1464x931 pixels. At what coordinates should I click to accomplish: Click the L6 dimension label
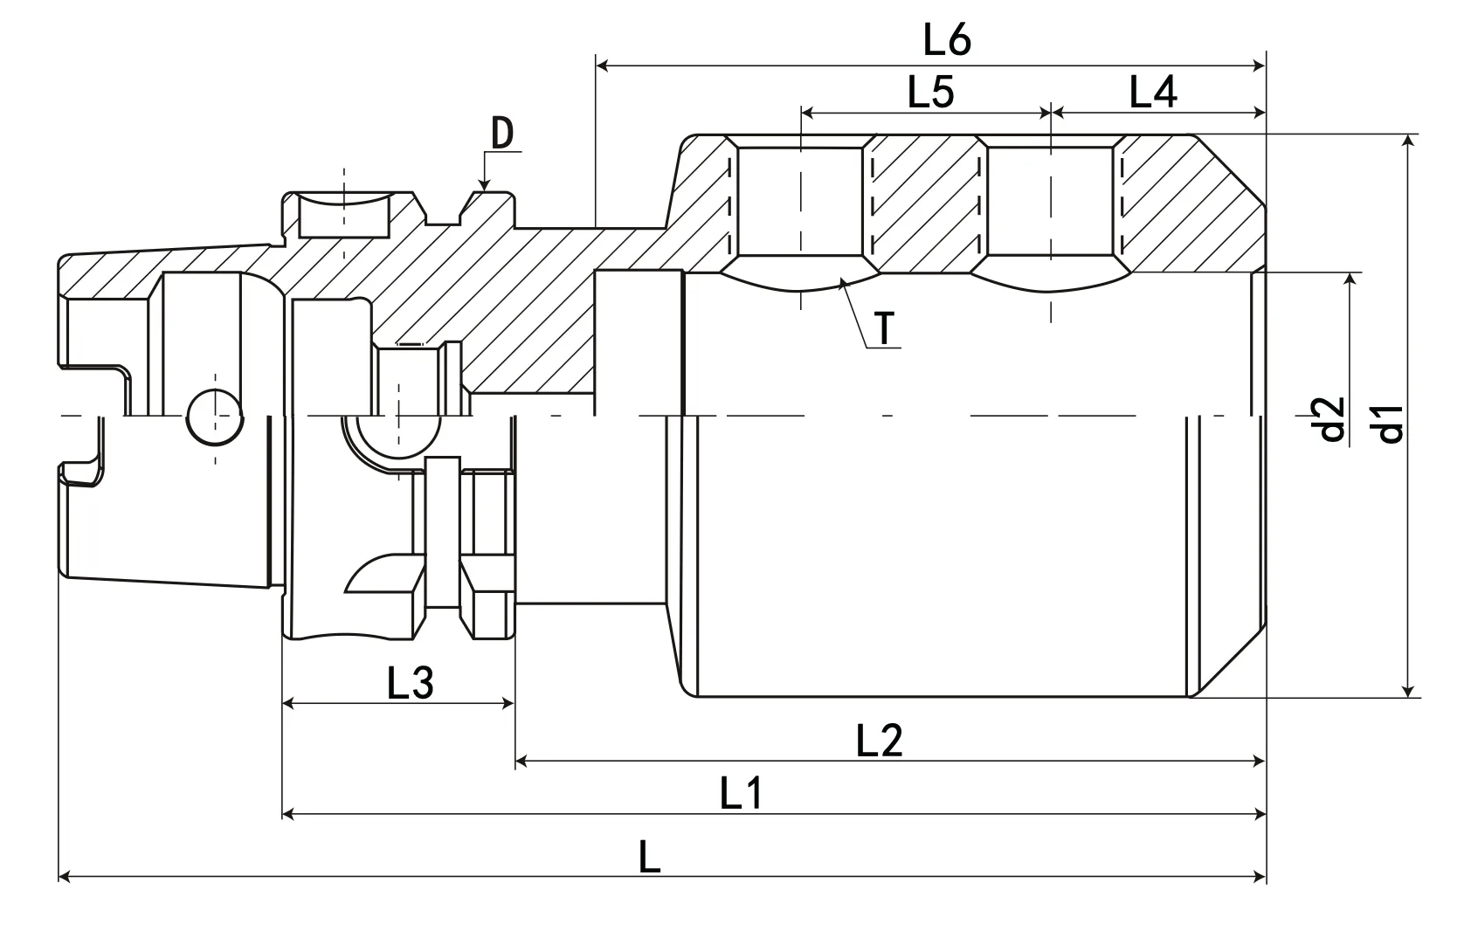[x=947, y=40]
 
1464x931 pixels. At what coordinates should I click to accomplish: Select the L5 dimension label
[x=930, y=92]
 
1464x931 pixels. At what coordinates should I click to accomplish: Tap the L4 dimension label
[x=1152, y=92]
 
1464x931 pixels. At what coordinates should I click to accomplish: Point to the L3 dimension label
[x=410, y=684]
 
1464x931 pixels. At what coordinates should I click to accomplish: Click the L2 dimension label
[x=879, y=741]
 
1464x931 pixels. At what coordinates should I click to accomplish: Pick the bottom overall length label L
[x=648, y=858]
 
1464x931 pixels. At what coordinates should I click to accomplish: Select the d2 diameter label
[x=1330, y=419]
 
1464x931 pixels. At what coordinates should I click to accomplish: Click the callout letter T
[x=886, y=329]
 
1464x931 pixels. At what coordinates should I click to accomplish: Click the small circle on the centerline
[x=215, y=416]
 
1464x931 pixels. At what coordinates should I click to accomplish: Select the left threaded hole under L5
[x=801, y=202]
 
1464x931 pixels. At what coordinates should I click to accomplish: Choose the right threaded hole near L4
[x=1051, y=202]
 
